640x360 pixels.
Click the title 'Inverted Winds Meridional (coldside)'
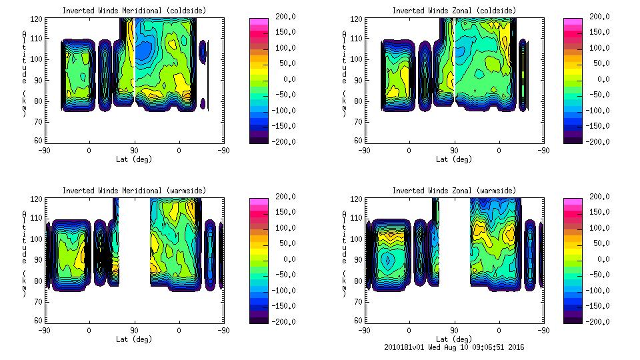coord(134,11)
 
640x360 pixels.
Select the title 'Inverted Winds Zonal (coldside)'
coord(453,11)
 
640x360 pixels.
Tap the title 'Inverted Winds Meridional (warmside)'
coord(134,191)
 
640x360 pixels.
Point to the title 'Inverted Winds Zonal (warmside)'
coord(453,191)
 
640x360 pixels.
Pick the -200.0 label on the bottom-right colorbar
coord(601,322)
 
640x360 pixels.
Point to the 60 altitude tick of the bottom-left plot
coord(39,321)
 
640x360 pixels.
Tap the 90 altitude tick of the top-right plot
coord(359,80)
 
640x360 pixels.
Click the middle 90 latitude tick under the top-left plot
coord(134,151)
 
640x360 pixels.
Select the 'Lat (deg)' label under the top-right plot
coord(453,159)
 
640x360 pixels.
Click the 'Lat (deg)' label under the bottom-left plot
coord(134,339)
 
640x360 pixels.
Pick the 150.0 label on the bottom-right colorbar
coord(601,212)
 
